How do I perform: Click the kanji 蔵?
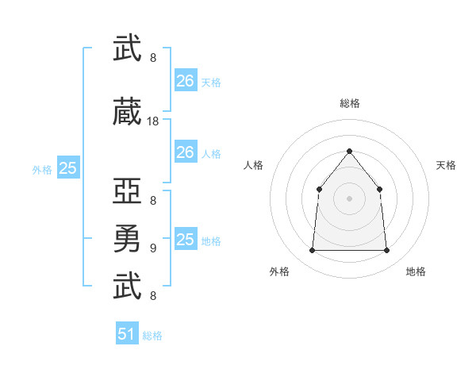point(127,111)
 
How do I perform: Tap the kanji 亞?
point(127,190)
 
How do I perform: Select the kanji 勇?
point(127,238)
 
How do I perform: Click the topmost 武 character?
point(127,48)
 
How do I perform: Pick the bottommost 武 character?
point(127,286)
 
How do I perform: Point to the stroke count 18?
point(152,121)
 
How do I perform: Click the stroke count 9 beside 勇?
point(153,248)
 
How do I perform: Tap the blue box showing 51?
point(127,333)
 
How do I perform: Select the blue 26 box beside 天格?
point(186,80)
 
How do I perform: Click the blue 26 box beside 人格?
point(186,152)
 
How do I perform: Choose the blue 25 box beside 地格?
point(186,238)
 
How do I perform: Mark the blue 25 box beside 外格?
point(68,167)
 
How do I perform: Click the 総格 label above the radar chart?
point(350,103)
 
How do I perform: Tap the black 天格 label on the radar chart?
point(446,165)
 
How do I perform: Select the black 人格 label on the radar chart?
point(253,165)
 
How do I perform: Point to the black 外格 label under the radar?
point(279,271)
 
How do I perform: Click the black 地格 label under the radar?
point(416,271)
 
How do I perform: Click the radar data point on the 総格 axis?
point(349,151)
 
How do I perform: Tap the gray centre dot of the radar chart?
point(349,198)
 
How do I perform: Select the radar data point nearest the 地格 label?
point(386,250)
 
